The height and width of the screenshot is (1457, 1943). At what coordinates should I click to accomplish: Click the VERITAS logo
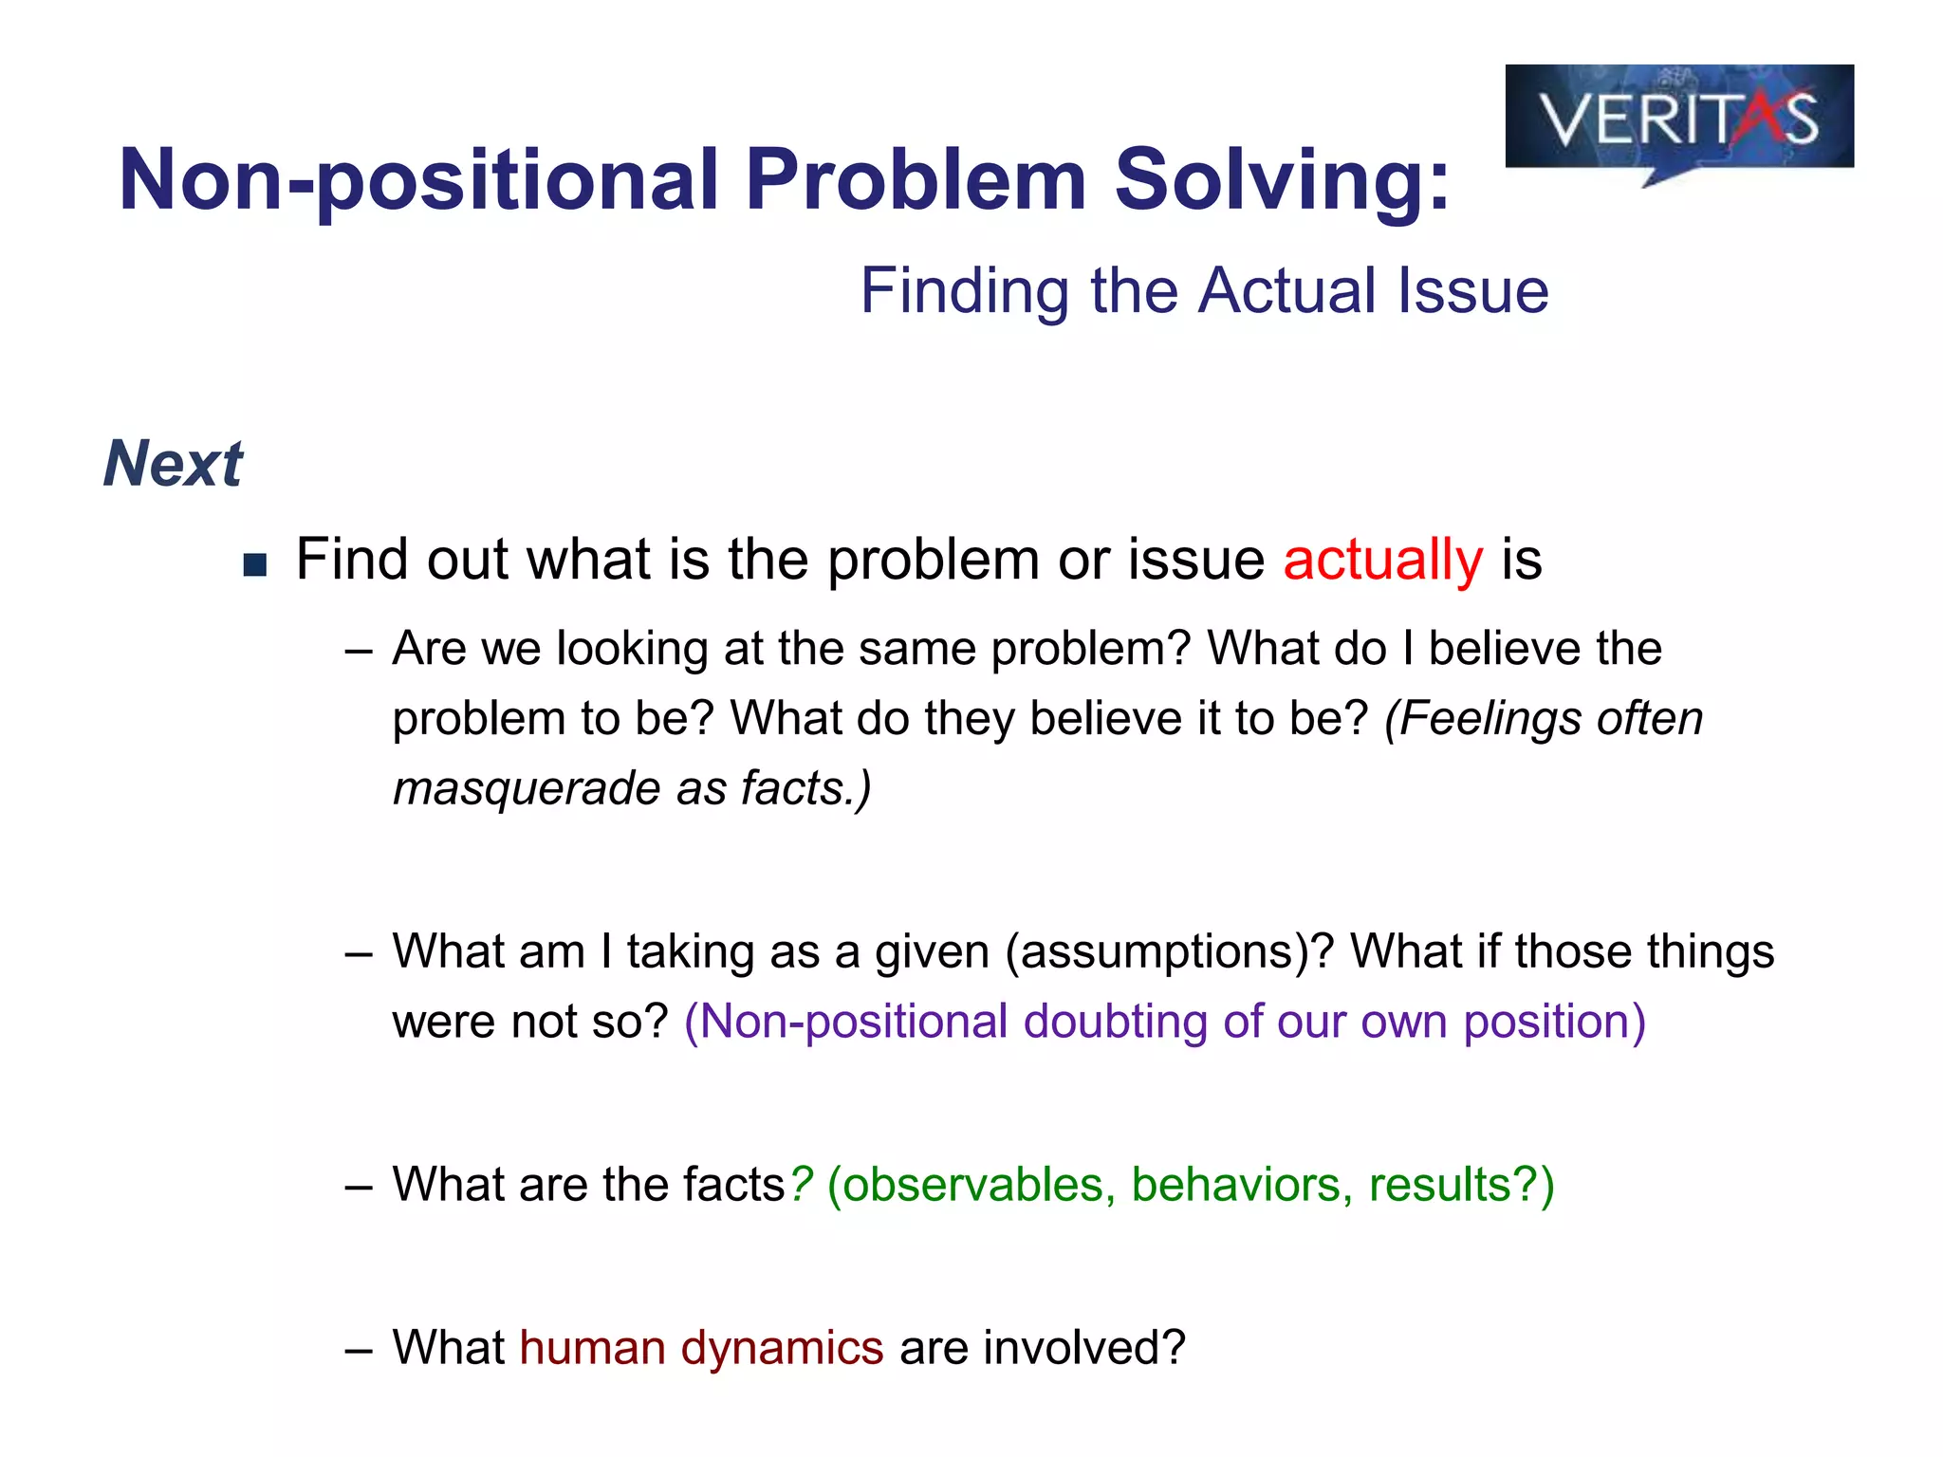point(1678,119)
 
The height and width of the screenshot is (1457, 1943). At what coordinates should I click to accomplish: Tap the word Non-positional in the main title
point(418,180)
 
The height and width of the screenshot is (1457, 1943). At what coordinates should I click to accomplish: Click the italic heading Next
point(173,464)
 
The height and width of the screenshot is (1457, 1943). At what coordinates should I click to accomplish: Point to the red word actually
point(1381,560)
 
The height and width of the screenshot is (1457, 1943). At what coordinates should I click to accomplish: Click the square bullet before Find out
point(254,566)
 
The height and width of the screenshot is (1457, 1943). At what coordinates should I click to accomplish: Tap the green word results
point(1439,1185)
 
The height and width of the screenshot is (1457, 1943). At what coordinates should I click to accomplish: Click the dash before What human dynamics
point(358,1350)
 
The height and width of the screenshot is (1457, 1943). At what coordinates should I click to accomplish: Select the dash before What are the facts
point(358,1187)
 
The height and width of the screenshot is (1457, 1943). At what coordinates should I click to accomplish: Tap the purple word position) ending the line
point(1554,1022)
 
